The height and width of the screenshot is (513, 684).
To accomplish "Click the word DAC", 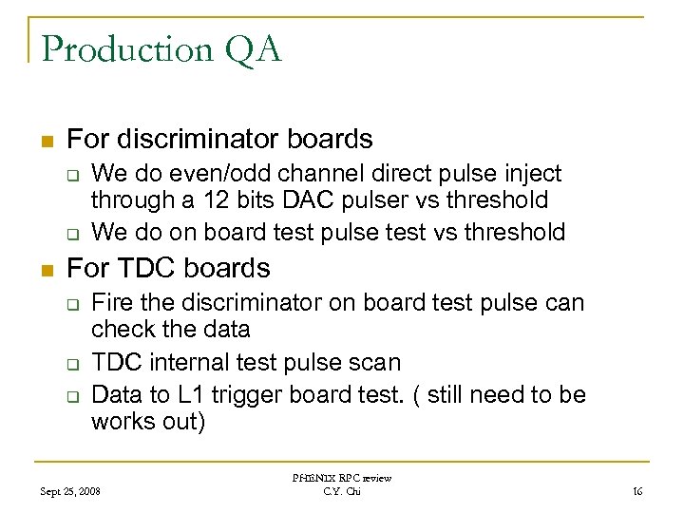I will (300, 199).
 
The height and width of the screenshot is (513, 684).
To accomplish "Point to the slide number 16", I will (636, 491).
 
